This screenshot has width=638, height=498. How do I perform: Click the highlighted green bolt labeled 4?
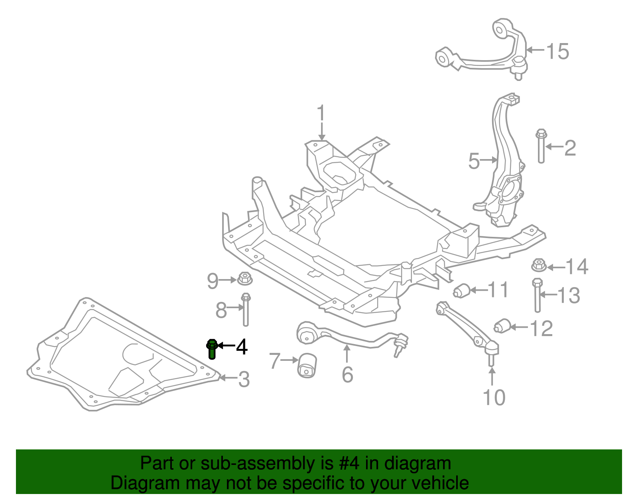[212, 349]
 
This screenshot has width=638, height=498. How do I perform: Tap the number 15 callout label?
[557, 51]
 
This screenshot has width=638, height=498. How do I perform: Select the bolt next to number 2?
[541, 146]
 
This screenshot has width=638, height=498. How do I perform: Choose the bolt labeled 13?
[537, 295]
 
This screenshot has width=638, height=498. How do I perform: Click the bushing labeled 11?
[462, 290]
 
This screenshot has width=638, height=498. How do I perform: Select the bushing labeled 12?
[503, 326]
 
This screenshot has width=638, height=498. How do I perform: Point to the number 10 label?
[494, 398]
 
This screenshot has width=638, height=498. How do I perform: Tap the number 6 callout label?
[347, 374]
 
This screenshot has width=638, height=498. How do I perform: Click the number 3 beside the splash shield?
[244, 379]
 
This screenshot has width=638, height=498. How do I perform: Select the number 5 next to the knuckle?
[474, 161]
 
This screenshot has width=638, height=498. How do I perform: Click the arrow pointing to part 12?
[519, 327]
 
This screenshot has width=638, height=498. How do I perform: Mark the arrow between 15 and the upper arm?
[535, 50]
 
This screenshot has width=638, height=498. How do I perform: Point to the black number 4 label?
[242, 347]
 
